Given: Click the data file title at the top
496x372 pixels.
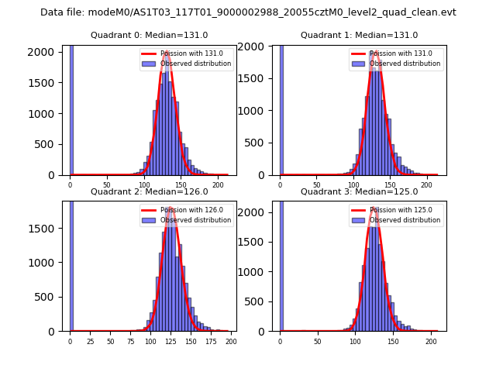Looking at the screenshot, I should (248, 12).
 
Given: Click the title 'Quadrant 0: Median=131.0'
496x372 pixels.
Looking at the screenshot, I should (150, 35).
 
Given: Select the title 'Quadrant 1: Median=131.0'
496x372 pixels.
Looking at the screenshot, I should (359, 35).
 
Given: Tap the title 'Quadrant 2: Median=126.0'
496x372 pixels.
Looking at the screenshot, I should (150, 191).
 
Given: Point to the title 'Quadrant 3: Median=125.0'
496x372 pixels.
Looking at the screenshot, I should (359, 191).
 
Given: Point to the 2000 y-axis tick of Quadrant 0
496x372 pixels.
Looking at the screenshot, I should (46, 52).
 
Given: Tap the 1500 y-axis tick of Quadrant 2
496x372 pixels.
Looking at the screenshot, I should (46, 229).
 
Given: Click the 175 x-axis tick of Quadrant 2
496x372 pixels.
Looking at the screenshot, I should (210, 341).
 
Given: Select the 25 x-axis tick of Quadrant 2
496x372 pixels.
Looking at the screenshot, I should (90, 341).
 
